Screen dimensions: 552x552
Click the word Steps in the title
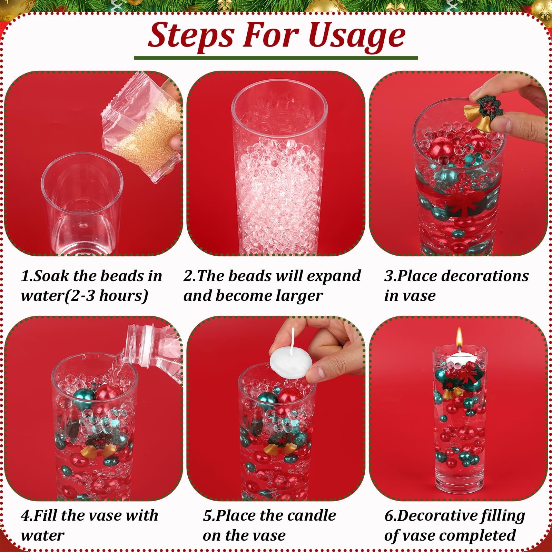(191, 36)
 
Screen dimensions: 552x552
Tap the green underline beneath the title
(276, 58)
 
